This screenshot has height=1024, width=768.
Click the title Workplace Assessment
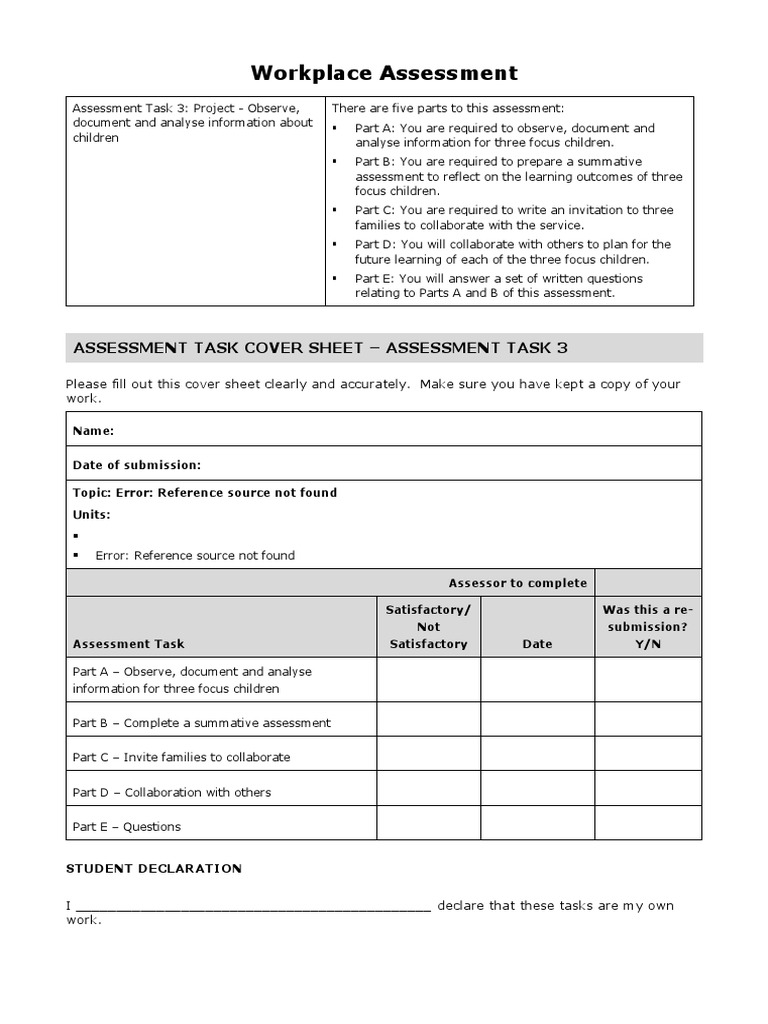pyautogui.click(x=384, y=72)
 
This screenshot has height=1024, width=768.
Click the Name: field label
pyautogui.click(x=93, y=431)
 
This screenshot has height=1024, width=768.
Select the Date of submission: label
pyautogui.click(x=137, y=465)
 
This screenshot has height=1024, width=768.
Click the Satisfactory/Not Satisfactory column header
pyautogui.click(x=428, y=627)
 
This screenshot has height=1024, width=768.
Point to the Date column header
pyautogui.click(x=537, y=644)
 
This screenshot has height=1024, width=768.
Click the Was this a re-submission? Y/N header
pyautogui.click(x=647, y=627)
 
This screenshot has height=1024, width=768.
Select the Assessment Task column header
pyautogui.click(x=129, y=644)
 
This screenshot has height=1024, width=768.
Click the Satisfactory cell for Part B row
pyautogui.click(x=428, y=722)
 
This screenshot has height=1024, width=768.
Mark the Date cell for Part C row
pyautogui.click(x=537, y=757)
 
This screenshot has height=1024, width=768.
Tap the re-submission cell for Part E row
pyautogui.click(x=647, y=826)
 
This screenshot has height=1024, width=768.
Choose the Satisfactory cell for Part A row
pyautogui.click(x=428, y=680)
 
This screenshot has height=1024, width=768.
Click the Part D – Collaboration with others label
pyautogui.click(x=172, y=792)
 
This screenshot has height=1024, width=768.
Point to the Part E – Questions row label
pyautogui.click(x=127, y=827)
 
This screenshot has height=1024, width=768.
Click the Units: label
pyautogui.click(x=92, y=515)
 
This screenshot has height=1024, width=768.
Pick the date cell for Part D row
pyautogui.click(x=537, y=792)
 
